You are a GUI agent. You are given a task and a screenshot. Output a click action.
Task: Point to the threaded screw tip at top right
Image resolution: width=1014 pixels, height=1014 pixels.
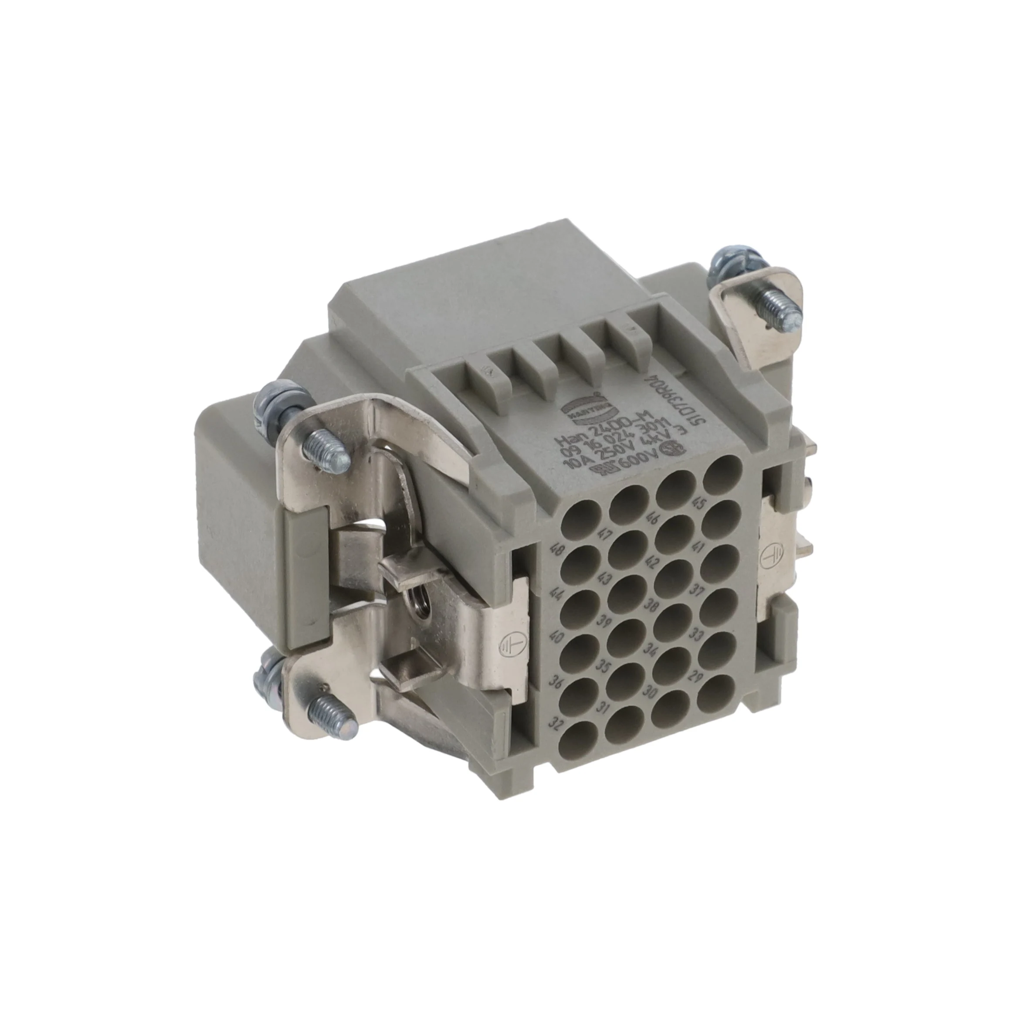click(x=784, y=310)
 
